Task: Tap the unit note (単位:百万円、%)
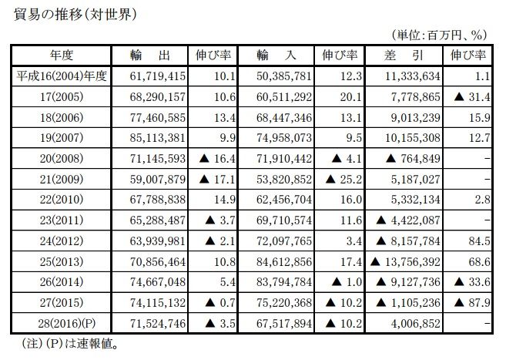441,34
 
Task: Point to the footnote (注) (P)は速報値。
69,342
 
